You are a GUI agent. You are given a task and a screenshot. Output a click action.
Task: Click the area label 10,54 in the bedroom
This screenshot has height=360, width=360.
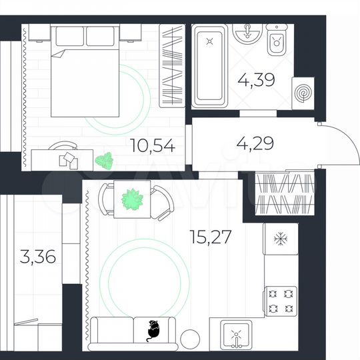(153, 146)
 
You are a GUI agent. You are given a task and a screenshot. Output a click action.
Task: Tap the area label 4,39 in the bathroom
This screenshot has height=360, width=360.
(255, 81)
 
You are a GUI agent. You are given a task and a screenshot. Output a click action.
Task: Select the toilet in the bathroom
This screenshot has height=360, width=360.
(275, 41)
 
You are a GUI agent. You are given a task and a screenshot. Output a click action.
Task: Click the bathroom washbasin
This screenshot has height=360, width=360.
(247, 32)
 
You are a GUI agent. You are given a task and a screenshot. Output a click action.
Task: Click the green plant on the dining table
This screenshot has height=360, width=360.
(133, 199)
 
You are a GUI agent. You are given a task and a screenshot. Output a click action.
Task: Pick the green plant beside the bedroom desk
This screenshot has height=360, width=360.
(103, 160)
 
